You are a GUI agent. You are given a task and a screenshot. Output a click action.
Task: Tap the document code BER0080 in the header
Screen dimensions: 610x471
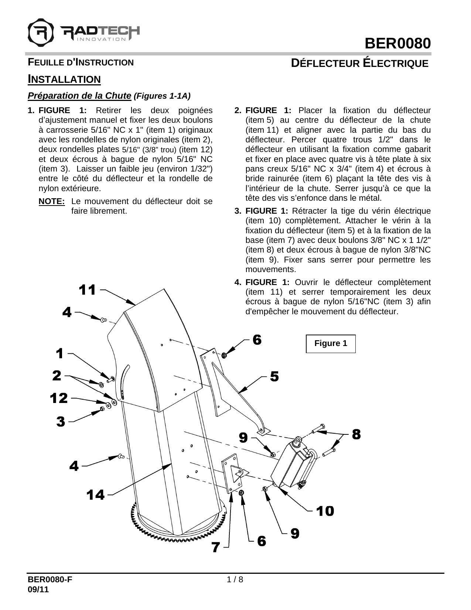(x=397, y=44)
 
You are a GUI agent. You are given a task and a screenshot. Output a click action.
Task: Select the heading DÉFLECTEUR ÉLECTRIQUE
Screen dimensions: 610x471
(x=359, y=63)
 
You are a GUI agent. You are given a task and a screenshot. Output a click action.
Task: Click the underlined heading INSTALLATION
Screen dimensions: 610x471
(x=64, y=79)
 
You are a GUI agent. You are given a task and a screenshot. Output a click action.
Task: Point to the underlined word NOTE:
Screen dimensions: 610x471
(x=52, y=202)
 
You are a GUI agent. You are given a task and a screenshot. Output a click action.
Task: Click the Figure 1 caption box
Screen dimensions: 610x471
(x=331, y=343)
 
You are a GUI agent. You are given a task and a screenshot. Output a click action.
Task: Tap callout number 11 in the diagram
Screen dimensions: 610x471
(x=88, y=290)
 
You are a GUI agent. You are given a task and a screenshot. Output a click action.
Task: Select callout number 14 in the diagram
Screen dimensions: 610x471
(x=96, y=494)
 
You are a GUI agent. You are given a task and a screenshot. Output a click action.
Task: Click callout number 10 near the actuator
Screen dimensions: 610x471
(x=325, y=511)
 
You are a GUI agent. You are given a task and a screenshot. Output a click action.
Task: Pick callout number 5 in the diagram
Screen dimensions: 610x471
(x=274, y=377)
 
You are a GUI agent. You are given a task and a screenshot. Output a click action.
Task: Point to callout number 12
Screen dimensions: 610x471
(x=59, y=399)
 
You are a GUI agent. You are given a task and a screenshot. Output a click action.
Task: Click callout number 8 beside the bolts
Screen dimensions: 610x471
(x=356, y=434)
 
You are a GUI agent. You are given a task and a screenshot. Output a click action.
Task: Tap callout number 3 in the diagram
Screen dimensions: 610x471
(x=61, y=421)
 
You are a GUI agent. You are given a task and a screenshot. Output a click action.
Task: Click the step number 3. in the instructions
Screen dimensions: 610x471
(x=239, y=211)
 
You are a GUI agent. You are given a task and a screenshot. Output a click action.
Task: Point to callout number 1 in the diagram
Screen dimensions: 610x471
(x=59, y=354)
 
